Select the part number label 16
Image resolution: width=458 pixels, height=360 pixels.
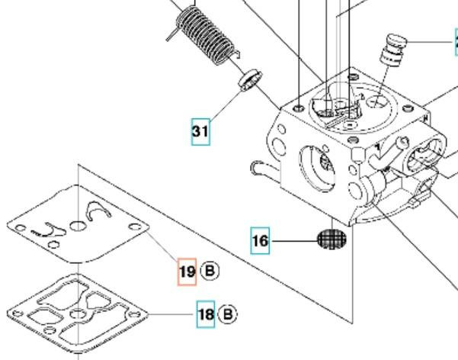(260, 242)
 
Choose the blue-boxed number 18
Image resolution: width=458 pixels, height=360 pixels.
(205, 313)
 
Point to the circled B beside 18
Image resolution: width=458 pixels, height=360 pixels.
(227, 313)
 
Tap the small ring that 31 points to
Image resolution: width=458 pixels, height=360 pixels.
(249, 80)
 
